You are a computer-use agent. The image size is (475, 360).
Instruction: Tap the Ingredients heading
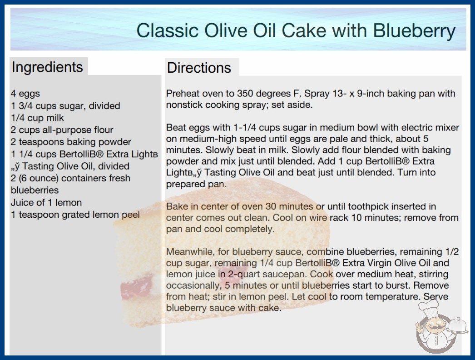pyautogui.click(x=47, y=67)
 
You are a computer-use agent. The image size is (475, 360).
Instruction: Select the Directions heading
pyautogui.click(x=199, y=68)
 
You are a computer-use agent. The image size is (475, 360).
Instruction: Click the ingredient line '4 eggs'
pyautogui.click(x=25, y=94)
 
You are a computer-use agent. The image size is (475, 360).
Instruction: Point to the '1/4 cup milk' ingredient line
pyautogui.click(x=38, y=118)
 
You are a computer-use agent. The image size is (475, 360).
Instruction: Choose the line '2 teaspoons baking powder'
pyautogui.click(x=71, y=142)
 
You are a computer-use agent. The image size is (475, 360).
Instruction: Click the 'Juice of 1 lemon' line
pyautogui.click(x=46, y=202)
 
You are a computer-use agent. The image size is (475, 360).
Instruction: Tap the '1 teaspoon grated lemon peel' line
pyautogui.click(x=75, y=215)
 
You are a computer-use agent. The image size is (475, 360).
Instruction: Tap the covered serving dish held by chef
pyautogui.click(x=458, y=326)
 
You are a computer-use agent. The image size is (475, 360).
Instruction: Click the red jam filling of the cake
pyautogui.click(x=136, y=287)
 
